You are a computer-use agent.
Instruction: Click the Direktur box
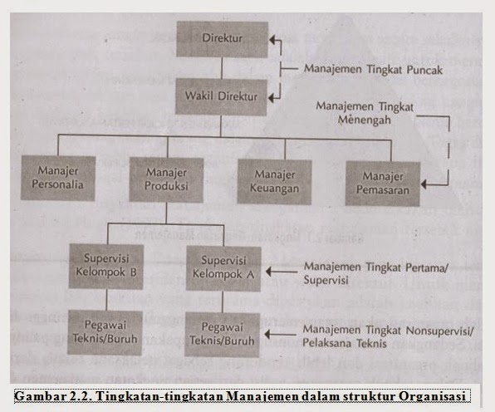(223, 40)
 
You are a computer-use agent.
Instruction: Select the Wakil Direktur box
(221, 97)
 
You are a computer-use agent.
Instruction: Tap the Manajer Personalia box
(58, 178)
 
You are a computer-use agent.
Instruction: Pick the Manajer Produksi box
(166, 180)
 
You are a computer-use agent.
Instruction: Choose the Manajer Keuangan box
(275, 182)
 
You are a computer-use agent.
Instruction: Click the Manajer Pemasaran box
(383, 184)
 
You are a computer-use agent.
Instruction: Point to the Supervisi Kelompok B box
(106, 267)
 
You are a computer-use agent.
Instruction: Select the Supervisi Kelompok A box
(223, 268)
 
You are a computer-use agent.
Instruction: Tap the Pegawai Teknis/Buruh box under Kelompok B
(105, 332)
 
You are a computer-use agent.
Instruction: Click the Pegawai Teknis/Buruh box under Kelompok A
(223, 335)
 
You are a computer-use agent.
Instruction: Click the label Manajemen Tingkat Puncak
(373, 70)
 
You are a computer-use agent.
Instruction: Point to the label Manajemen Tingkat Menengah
(365, 113)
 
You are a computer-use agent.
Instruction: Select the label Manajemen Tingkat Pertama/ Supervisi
(375, 273)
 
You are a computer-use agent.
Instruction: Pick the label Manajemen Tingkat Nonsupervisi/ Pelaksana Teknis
(388, 336)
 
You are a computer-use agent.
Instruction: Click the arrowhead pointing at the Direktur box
(272, 40)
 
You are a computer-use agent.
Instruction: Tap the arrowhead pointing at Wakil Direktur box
(272, 98)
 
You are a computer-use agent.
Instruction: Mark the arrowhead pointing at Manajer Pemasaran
(424, 184)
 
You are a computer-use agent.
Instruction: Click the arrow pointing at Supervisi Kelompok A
(282, 272)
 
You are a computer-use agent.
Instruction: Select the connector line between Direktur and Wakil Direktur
(222, 68)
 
